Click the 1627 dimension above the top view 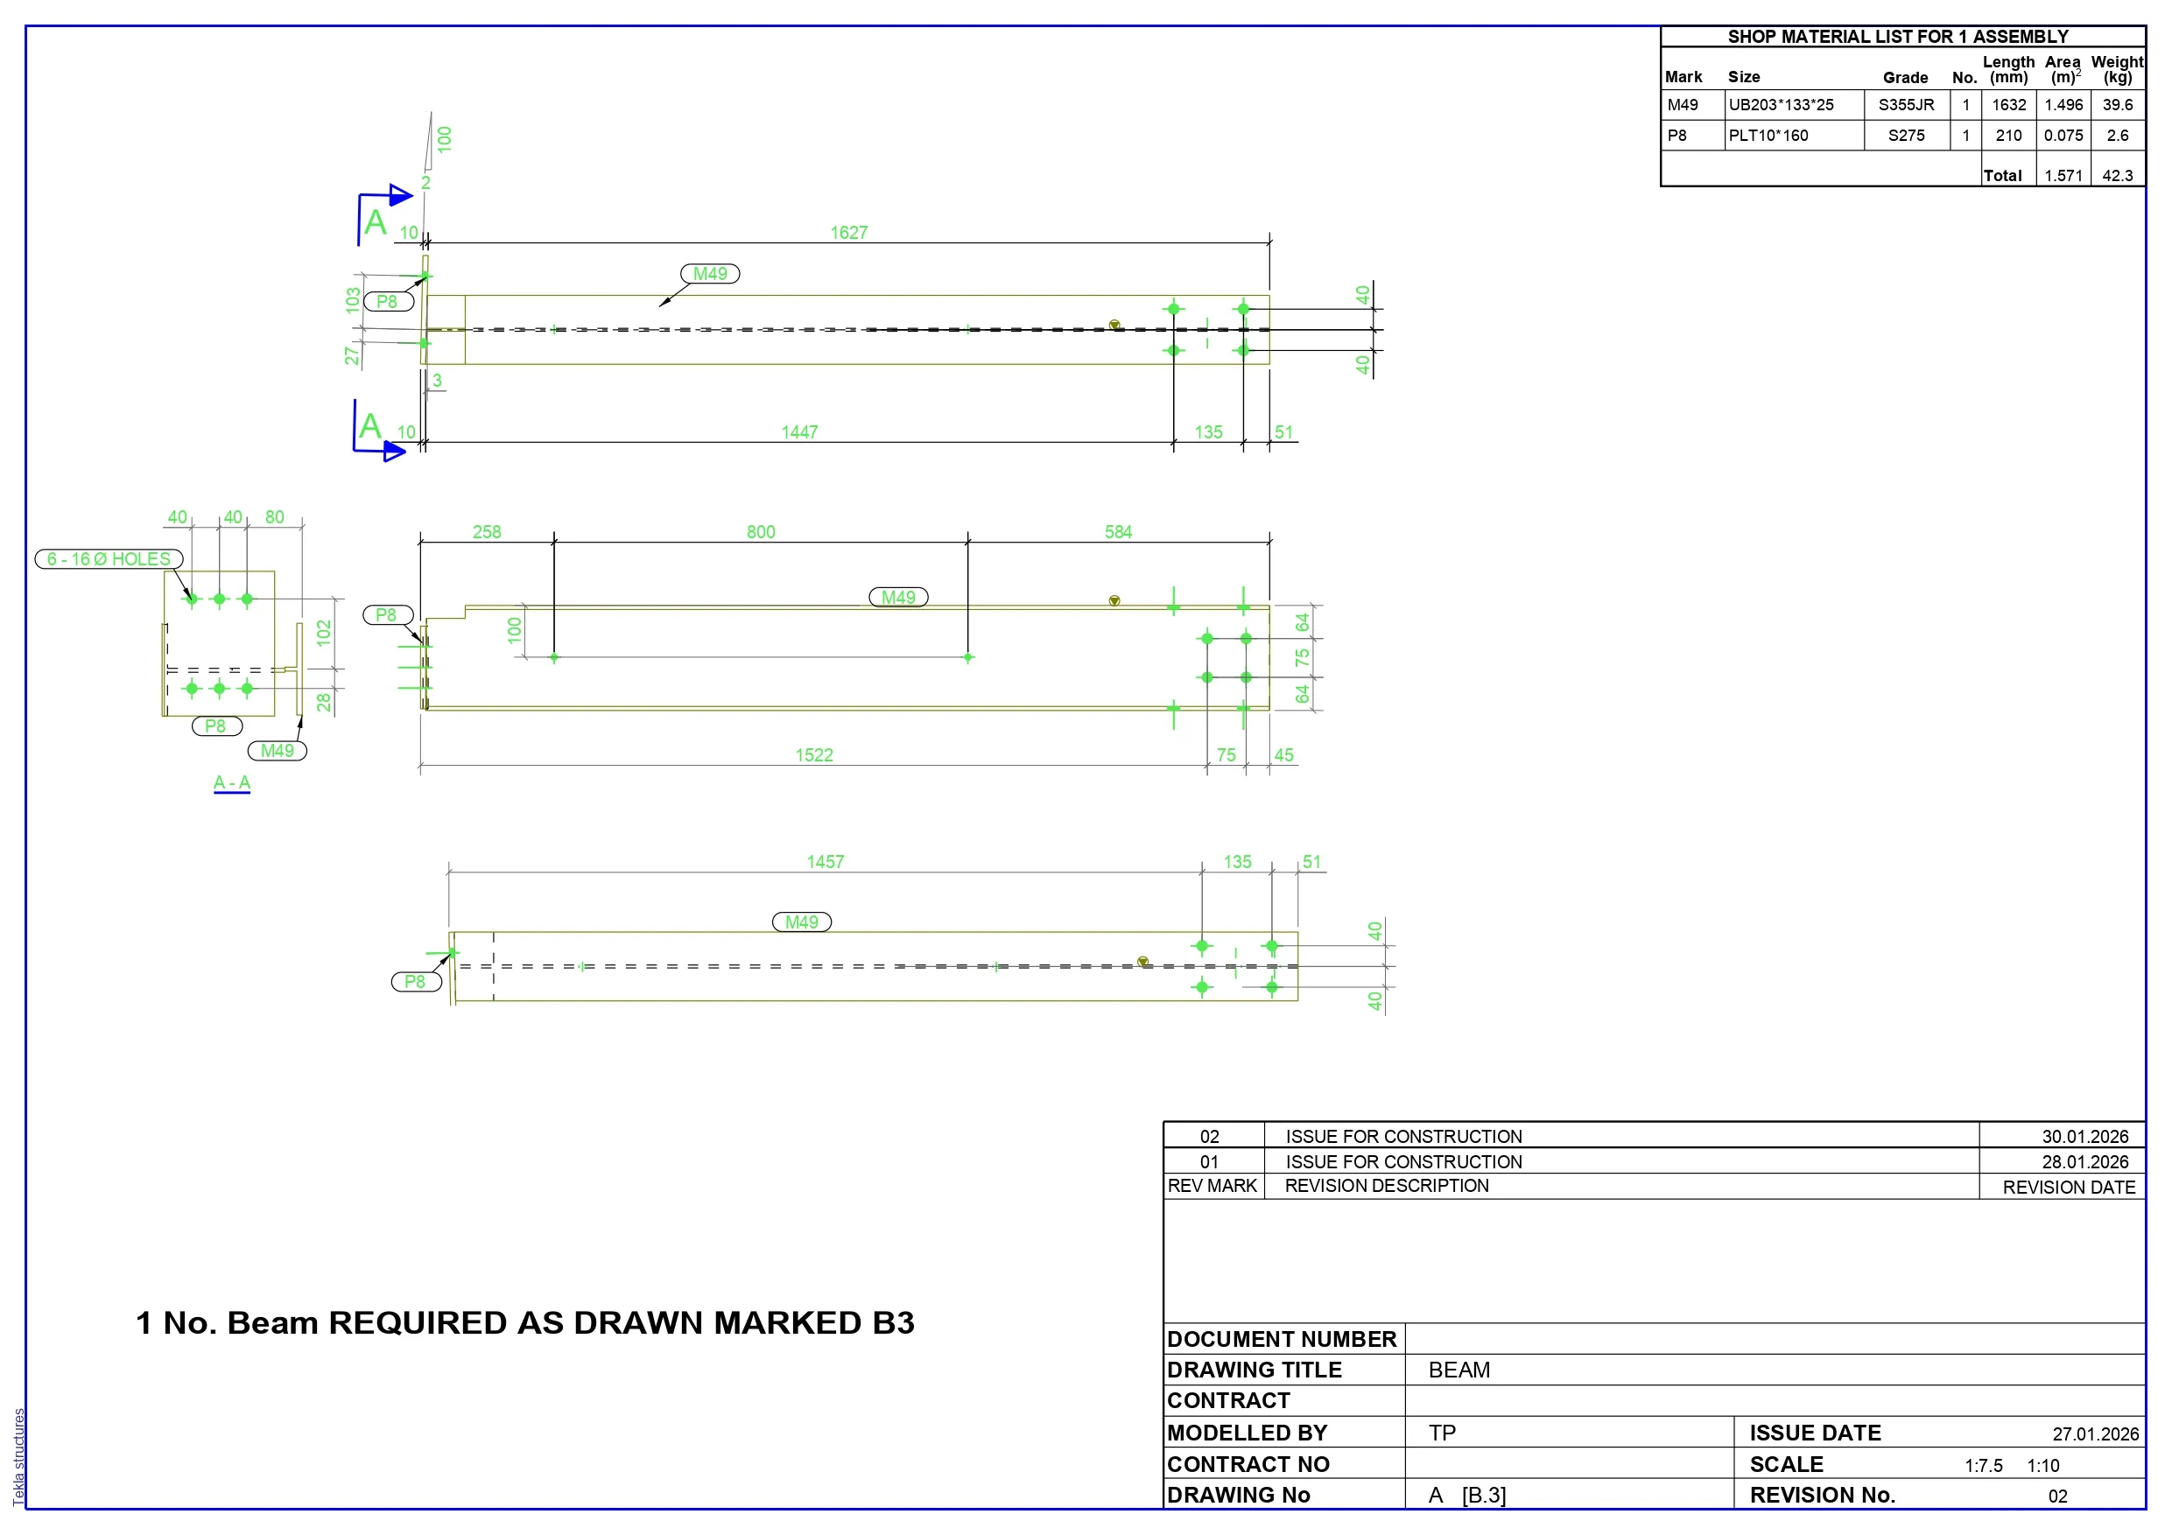click(x=848, y=233)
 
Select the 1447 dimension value click(x=799, y=432)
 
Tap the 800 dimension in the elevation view click(x=761, y=532)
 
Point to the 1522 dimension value click(x=813, y=755)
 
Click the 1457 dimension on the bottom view click(x=825, y=863)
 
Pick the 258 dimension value click(x=486, y=532)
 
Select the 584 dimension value click(x=1118, y=532)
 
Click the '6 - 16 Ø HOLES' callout click(x=109, y=560)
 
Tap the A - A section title click(x=232, y=783)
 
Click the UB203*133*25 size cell click(x=1782, y=105)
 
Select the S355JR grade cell click(x=1906, y=105)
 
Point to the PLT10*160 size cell click(x=1768, y=136)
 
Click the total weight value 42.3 click(x=2117, y=176)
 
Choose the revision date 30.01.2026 click(x=2085, y=1137)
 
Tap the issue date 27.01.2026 click(x=2095, y=1434)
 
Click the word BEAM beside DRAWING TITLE click(x=1459, y=1370)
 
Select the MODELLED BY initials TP click(x=1442, y=1433)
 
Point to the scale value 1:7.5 click(x=1983, y=1466)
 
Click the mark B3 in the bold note click(x=893, y=1323)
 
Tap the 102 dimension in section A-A click(x=324, y=633)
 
